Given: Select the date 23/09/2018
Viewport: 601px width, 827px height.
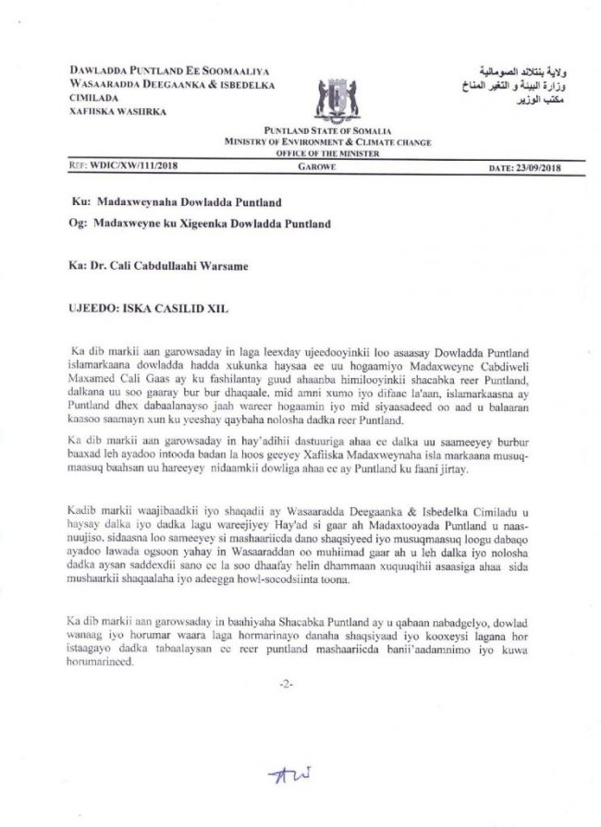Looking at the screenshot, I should click(522, 168).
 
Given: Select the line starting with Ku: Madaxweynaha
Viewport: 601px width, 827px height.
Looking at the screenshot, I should click(177, 201).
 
